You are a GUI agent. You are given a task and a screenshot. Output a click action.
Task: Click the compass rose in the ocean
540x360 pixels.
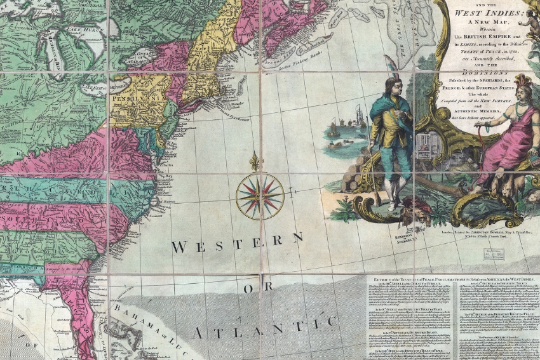(260, 196)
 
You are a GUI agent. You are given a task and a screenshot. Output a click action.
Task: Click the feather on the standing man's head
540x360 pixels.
(389, 65)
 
